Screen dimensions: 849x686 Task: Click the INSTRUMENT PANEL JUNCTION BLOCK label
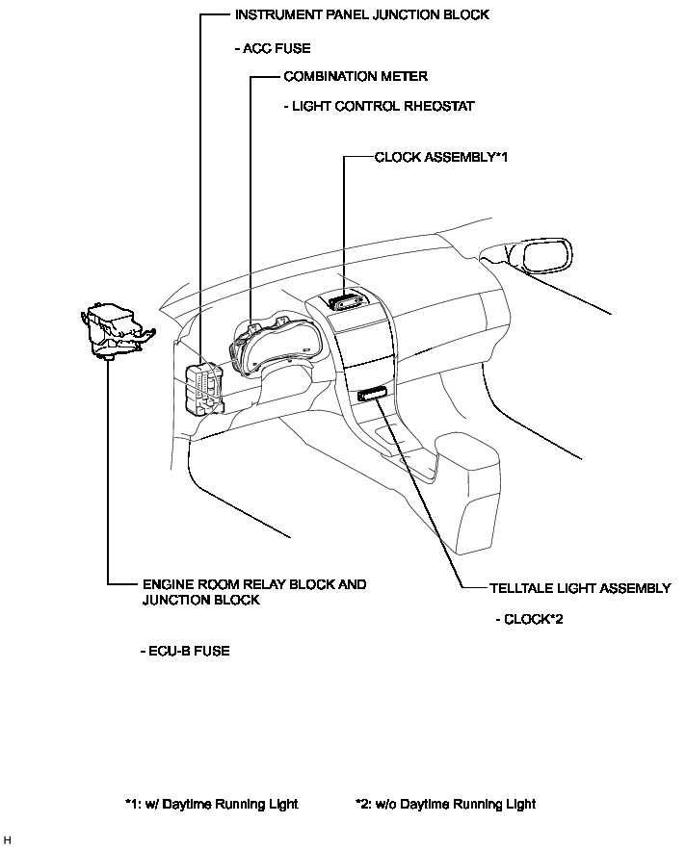pyautogui.click(x=361, y=15)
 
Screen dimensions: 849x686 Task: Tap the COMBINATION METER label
pyautogui.click(x=356, y=76)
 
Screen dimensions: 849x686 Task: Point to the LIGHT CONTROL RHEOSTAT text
pyautogui.click(x=380, y=106)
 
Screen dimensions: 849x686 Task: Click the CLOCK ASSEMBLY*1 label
pyautogui.click(x=440, y=157)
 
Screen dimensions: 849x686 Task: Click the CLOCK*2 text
pyautogui.click(x=529, y=619)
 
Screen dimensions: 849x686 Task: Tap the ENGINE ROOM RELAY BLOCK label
pyautogui.click(x=254, y=584)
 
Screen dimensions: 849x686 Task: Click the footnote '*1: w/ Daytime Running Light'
pyautogui.click(x=211, y=804)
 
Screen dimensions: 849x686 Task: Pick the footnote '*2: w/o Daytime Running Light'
pyautogui.click(x=445, y=804)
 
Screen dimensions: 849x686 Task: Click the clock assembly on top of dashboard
pyautogui.click(x=346, y=302)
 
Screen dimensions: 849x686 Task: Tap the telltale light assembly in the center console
pyautogui.click(x=372, y=393)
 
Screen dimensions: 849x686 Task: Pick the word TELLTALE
pyautogui.click(x=520, y=588)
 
